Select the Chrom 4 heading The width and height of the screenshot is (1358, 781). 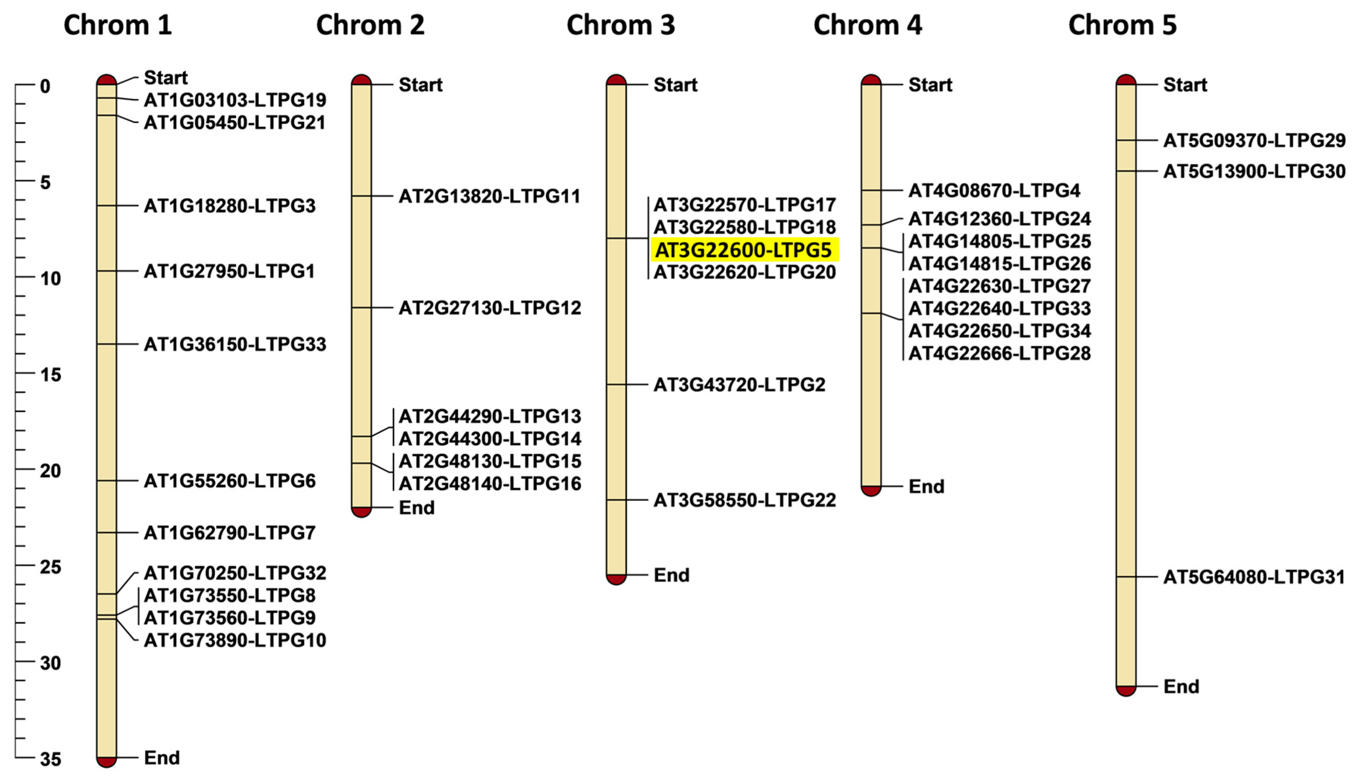click(x=867, y=25)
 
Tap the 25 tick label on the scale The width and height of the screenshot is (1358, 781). click(x=50, y=567)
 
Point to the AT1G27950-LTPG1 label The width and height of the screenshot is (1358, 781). click(x=229, y=272)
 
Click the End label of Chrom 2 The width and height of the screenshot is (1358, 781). click(x=416, y=508)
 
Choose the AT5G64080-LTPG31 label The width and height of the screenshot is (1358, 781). click(x=1254, y=577)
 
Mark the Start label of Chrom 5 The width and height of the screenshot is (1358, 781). click(x=1185, y=85)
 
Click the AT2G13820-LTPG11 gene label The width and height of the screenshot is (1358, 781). click(x=489, y=196)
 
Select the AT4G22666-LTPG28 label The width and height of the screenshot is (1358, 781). click(x=999, y=353)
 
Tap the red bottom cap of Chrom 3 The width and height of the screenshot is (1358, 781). click(x=616, y=580)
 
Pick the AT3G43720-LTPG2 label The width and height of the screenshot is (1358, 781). click(x=739, y=384)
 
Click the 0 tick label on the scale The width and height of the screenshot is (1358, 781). click(x=45, y=86)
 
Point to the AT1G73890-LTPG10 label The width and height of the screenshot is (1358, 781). click(x=234, y=640)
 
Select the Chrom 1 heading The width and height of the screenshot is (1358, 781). click(x=117, y=25)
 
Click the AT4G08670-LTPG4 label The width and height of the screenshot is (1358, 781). click(x=994, y=191)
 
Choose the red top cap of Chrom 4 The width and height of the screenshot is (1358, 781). click(x=871, y=80)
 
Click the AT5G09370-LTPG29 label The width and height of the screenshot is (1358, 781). click(x=1254, y=141)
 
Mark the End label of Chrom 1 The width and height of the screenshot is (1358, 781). click(x=161, y=758)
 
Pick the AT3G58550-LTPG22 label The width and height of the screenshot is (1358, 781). click(x=744, y=500)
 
